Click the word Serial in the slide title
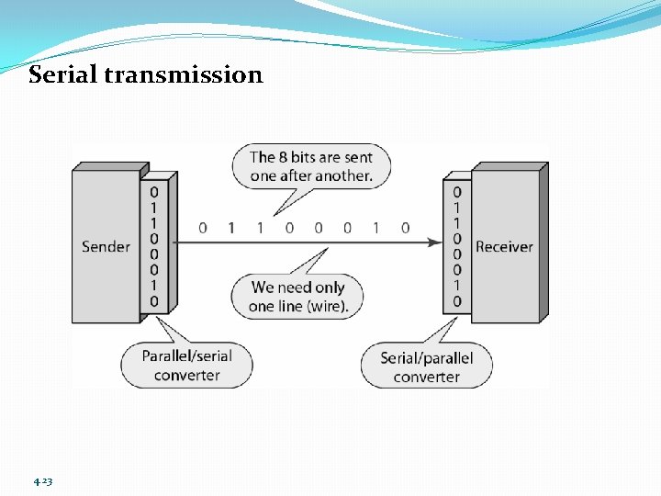tap(64, 74)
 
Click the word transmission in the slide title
tap(184, 74)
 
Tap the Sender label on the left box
tap(106, 246)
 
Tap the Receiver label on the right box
tap(504, 246)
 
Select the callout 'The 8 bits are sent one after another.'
tap(310, 166)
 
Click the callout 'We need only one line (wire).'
tap(298, 297)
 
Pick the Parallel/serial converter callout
tap(186, 365)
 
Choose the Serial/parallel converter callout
tap(426, 366)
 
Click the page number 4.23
tap(42, 481)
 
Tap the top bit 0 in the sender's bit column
tap(153, 192)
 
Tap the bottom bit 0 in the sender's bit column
tap(153, 301)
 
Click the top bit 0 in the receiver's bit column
tap(457, 192)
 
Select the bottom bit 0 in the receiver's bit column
tap(457, 301)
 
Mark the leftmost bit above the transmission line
tap(202, 228)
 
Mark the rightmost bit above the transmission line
tap(405, 228)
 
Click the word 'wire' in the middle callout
tap(330, 307)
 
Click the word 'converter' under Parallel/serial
tap(186, 375)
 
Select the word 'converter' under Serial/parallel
tap(426, 377)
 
